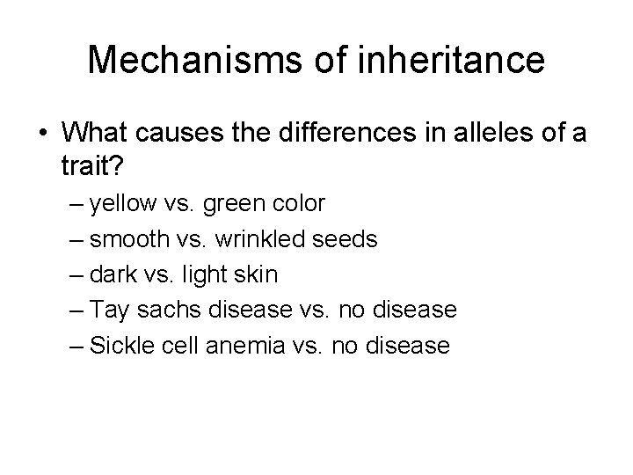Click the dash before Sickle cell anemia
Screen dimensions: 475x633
[76, 346]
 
